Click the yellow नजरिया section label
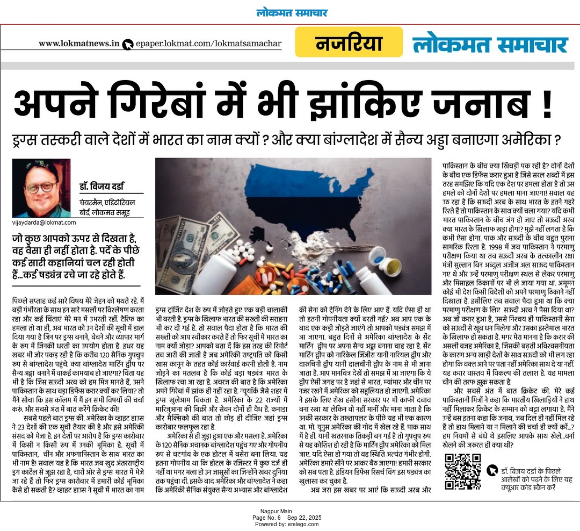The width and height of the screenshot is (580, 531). pyautogui.click(x=349, y=42)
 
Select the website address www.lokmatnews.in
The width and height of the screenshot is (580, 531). pyautogui.click(x=78, y=44)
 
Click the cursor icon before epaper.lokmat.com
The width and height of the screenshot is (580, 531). pyautogui.click(x=127, y=45)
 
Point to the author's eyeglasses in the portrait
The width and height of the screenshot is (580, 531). pyautogui.click(x=41, y=188)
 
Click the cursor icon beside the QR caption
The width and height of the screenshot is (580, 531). pyautogui.click(x=491, y=470)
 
